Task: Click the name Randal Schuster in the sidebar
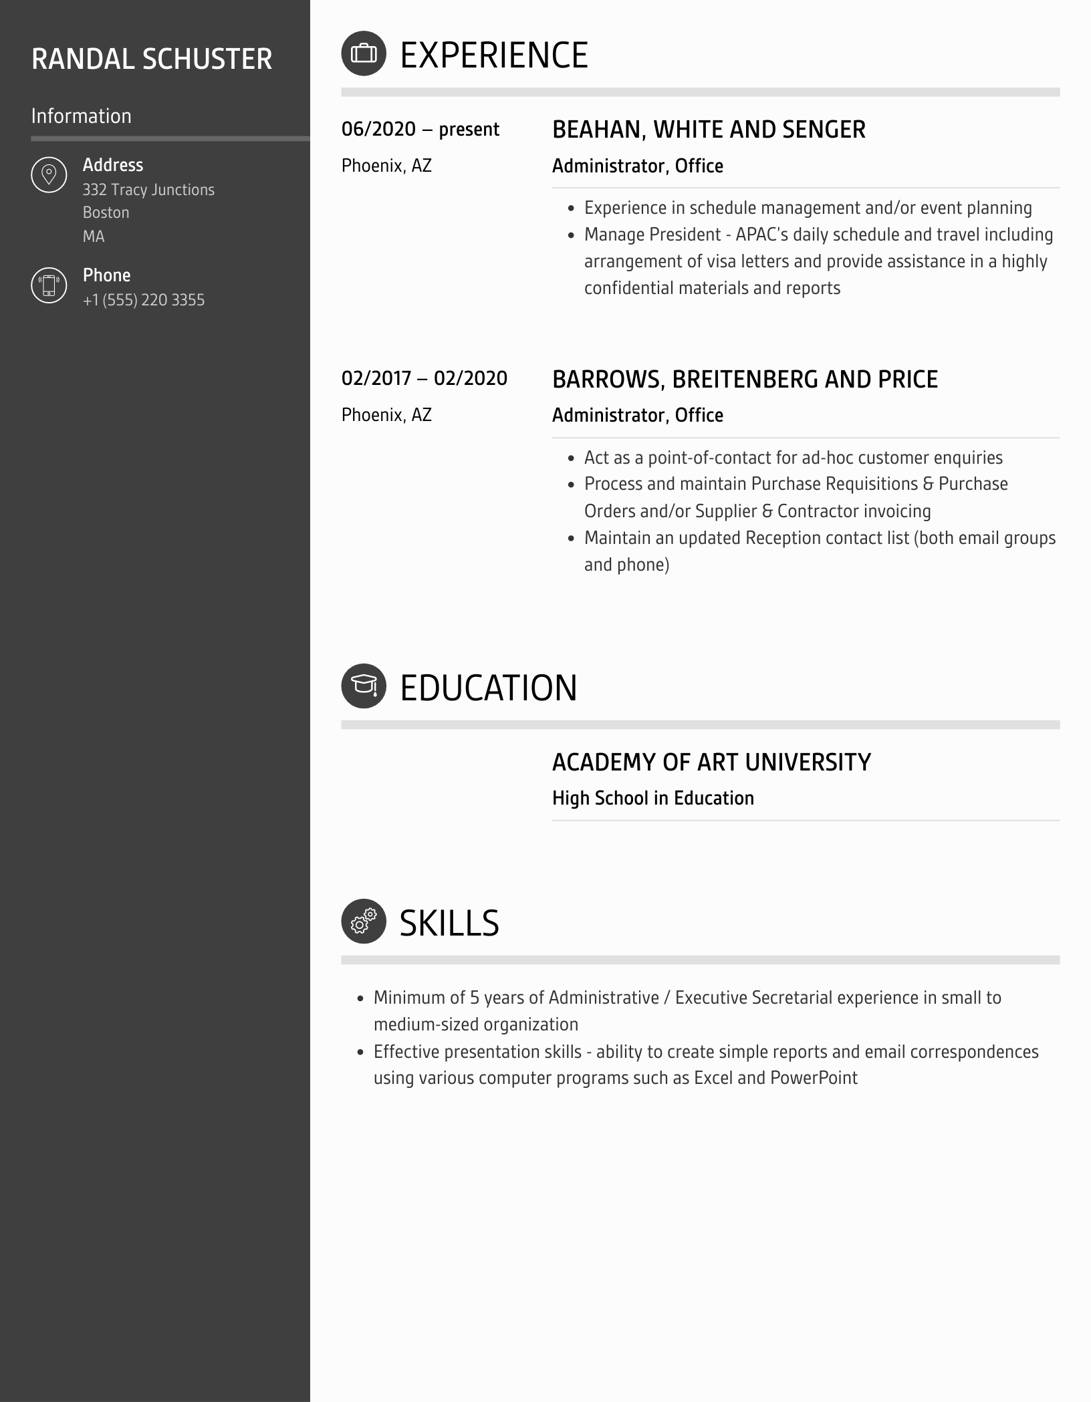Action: click(x=152, y=59)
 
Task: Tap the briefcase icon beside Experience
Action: click(x=364, y=53)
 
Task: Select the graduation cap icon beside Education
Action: click(x=364, y=686)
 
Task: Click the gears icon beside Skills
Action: click(x=364, y=921)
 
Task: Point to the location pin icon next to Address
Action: click(x=49, y=175)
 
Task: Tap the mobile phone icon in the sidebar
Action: click(x=49, y=285)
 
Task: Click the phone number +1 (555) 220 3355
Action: click(x=144, y=300)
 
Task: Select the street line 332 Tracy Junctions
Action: click(x=148, y=190)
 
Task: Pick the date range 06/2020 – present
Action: click(x=420, y=129)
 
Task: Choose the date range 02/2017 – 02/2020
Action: click(x=424, y=378)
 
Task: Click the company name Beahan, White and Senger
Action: click(x=709, y=130)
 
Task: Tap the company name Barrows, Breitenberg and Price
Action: click(x=745, y=379)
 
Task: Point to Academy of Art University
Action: click(x=711, y=762)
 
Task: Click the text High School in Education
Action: click(x=652, y=798)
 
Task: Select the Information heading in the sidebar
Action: click(x=81, y=116)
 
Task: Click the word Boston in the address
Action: click(x=106, y=213)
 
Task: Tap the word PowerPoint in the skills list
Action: click(x=814, y=1078)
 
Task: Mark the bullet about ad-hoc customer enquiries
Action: click(x=793, y=458)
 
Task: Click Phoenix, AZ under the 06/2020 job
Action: click(x=386, y=166)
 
